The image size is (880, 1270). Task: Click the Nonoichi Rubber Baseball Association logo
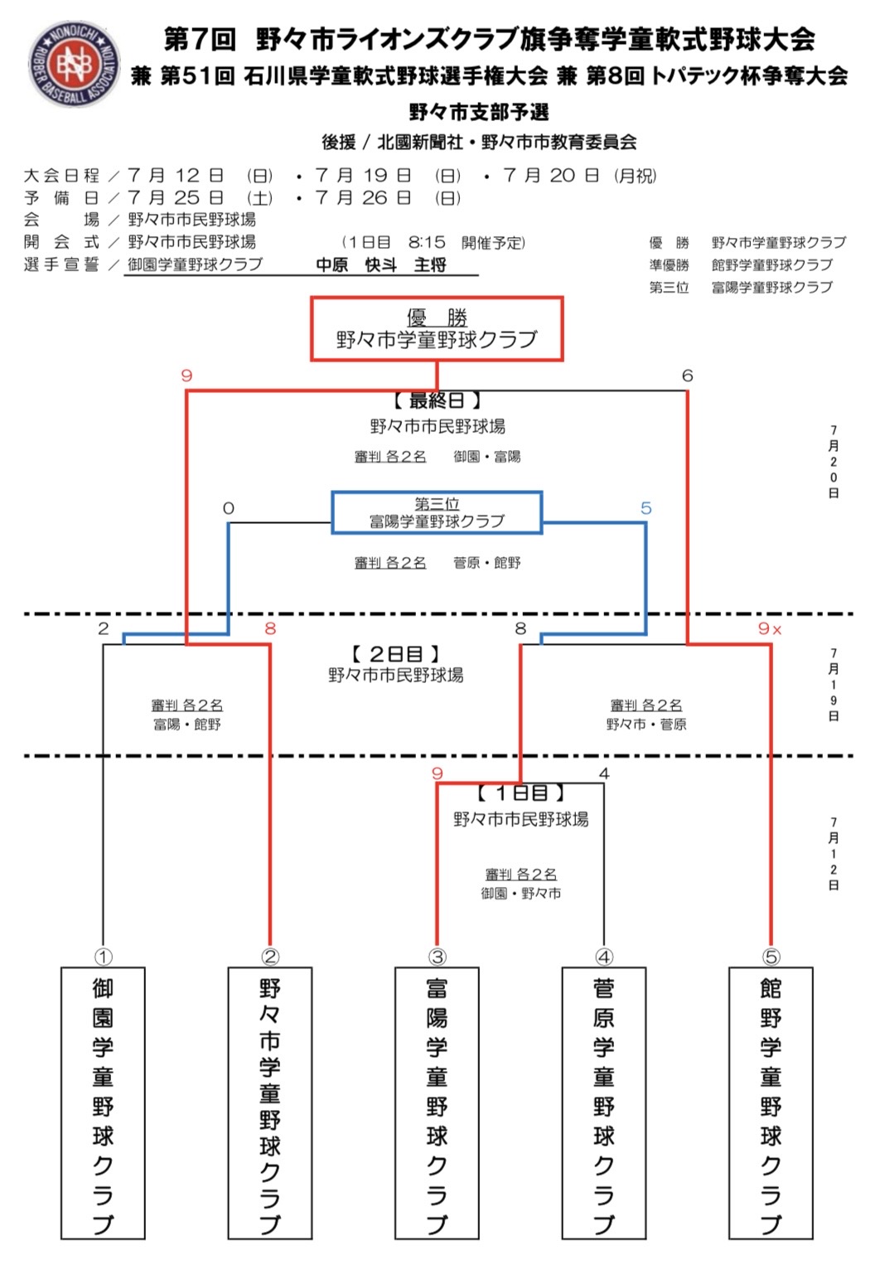[75, 64]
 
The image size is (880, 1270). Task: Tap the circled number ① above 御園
[103, 957]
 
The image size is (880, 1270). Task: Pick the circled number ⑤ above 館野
[771, 957]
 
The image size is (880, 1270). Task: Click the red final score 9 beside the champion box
[187, 376]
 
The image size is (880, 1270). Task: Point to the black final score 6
[687, 376]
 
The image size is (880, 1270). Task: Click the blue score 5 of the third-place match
[646, 508]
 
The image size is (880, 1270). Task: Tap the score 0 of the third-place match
[229, 508]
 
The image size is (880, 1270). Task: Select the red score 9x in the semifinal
[770, 628]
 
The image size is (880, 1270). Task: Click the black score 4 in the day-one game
[604, 773]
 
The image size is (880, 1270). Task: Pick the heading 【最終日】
[437, 400]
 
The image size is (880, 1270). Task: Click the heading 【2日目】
[395, 654]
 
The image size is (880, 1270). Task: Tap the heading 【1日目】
[520, 793]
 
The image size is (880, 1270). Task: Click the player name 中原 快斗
[356, 264]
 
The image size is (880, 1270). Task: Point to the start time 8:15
[427, 243]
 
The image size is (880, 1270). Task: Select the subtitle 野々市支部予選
[479, 112]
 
